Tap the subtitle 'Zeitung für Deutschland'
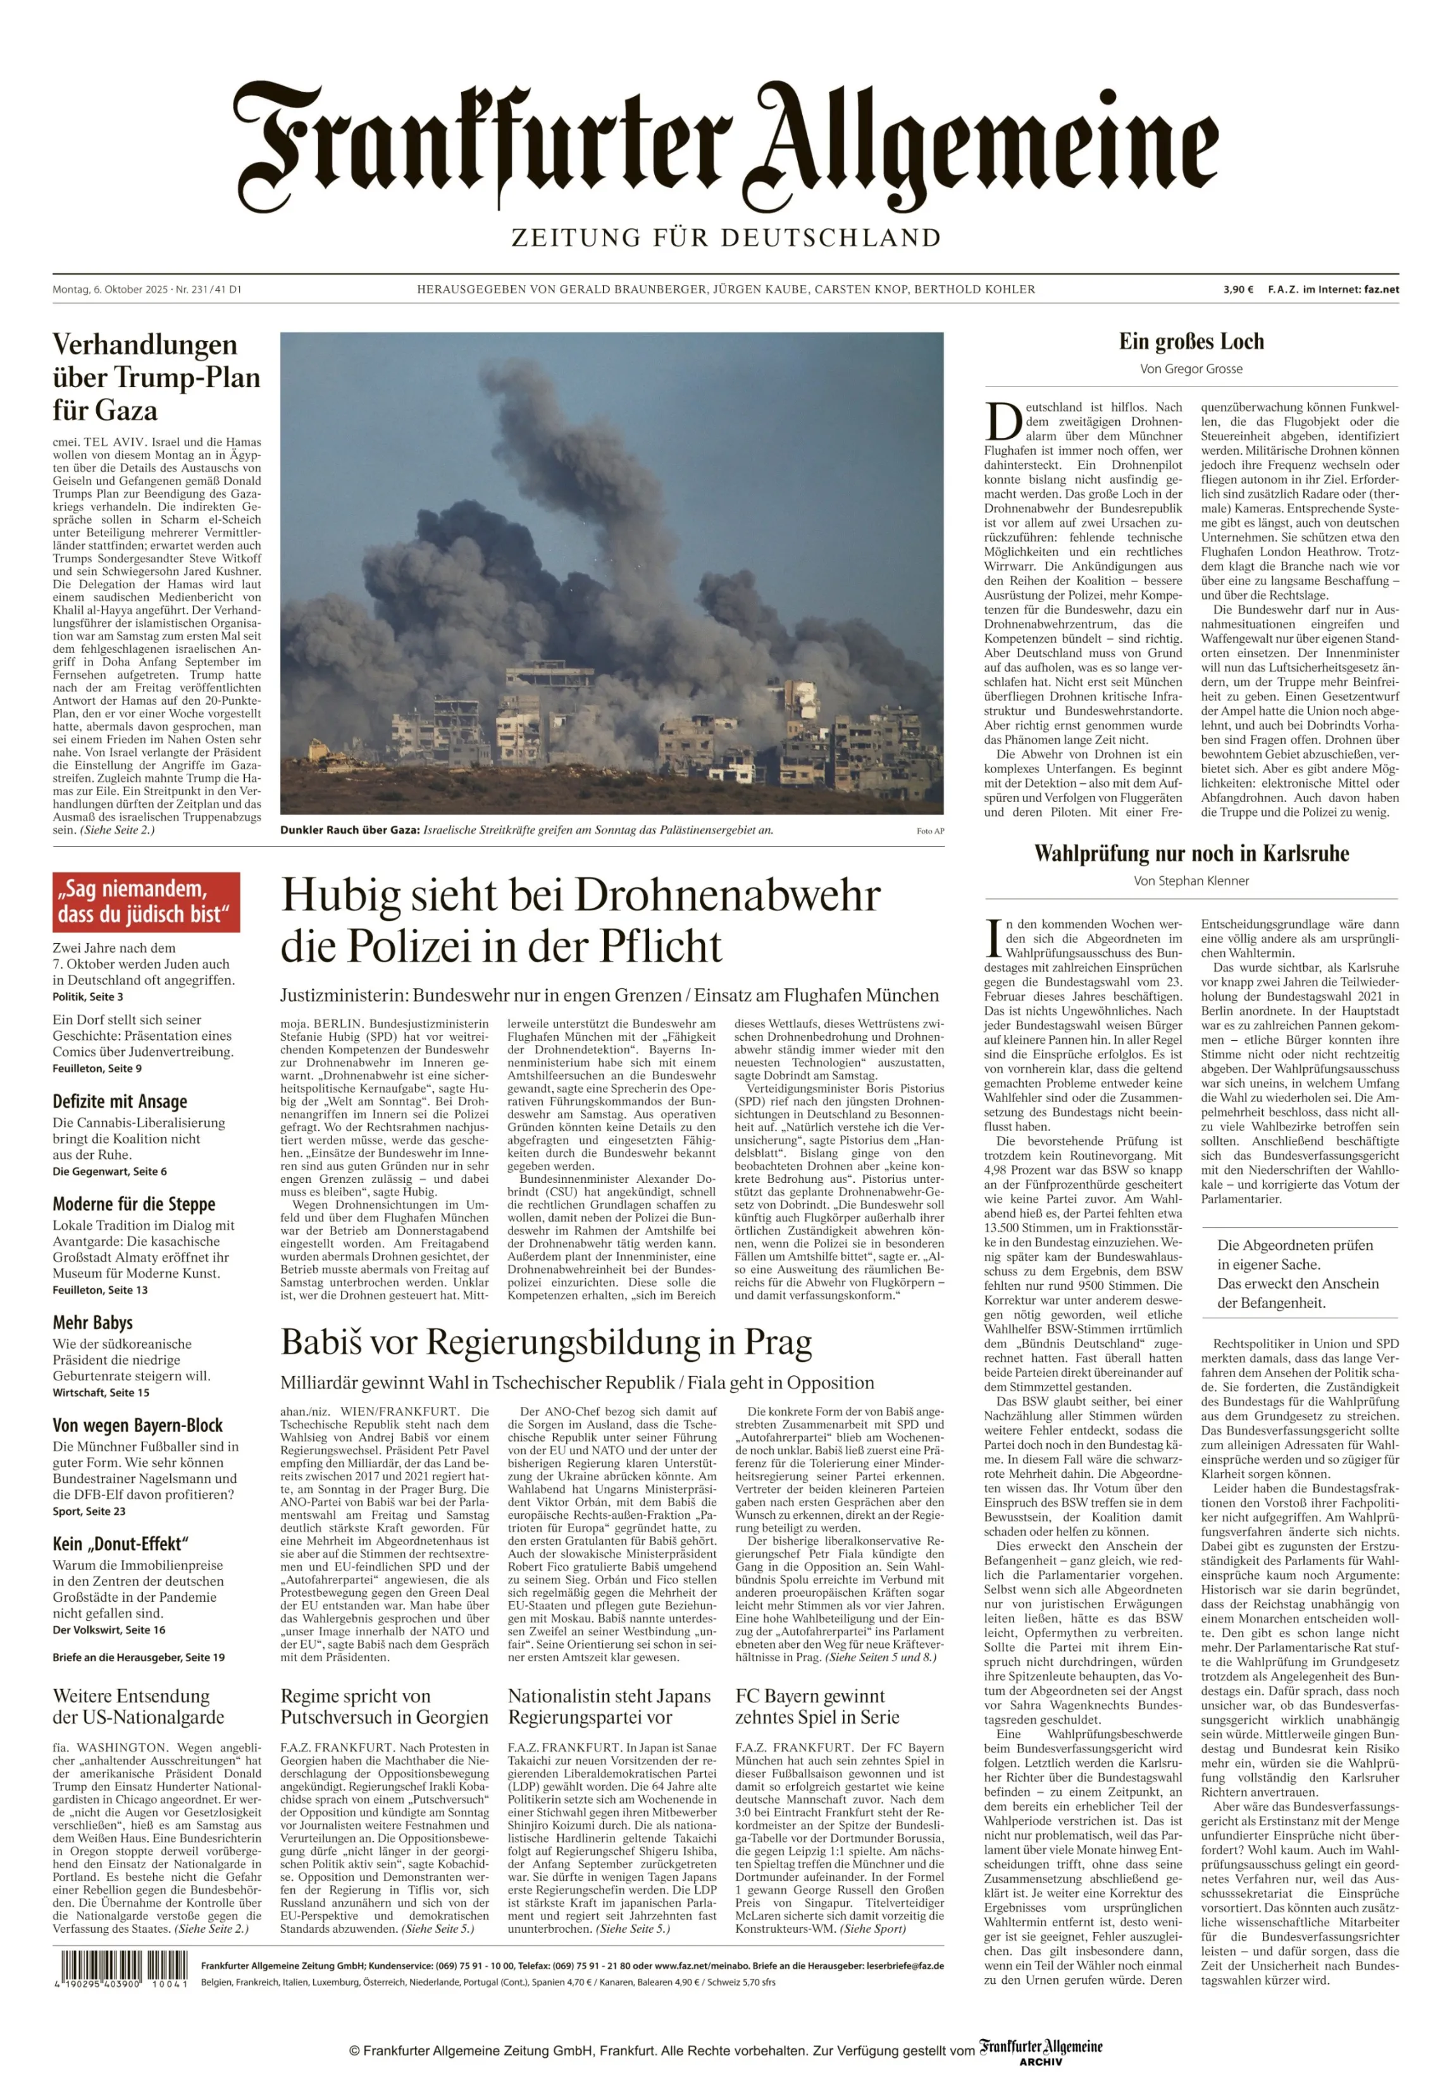726,238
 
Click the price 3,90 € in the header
1238,290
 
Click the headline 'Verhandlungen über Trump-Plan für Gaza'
156,377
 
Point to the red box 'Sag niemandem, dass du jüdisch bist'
146,901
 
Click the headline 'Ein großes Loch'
1191,342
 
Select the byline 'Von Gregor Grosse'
1191,369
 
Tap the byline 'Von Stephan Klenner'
1191,881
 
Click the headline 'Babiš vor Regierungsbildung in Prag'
546,1342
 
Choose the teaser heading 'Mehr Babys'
92,1323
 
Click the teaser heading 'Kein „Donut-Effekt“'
120,1544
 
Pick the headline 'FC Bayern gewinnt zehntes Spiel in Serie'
817,1707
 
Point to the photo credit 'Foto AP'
929,831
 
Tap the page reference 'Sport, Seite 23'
89,1511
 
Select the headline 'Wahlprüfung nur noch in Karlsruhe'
1191,853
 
